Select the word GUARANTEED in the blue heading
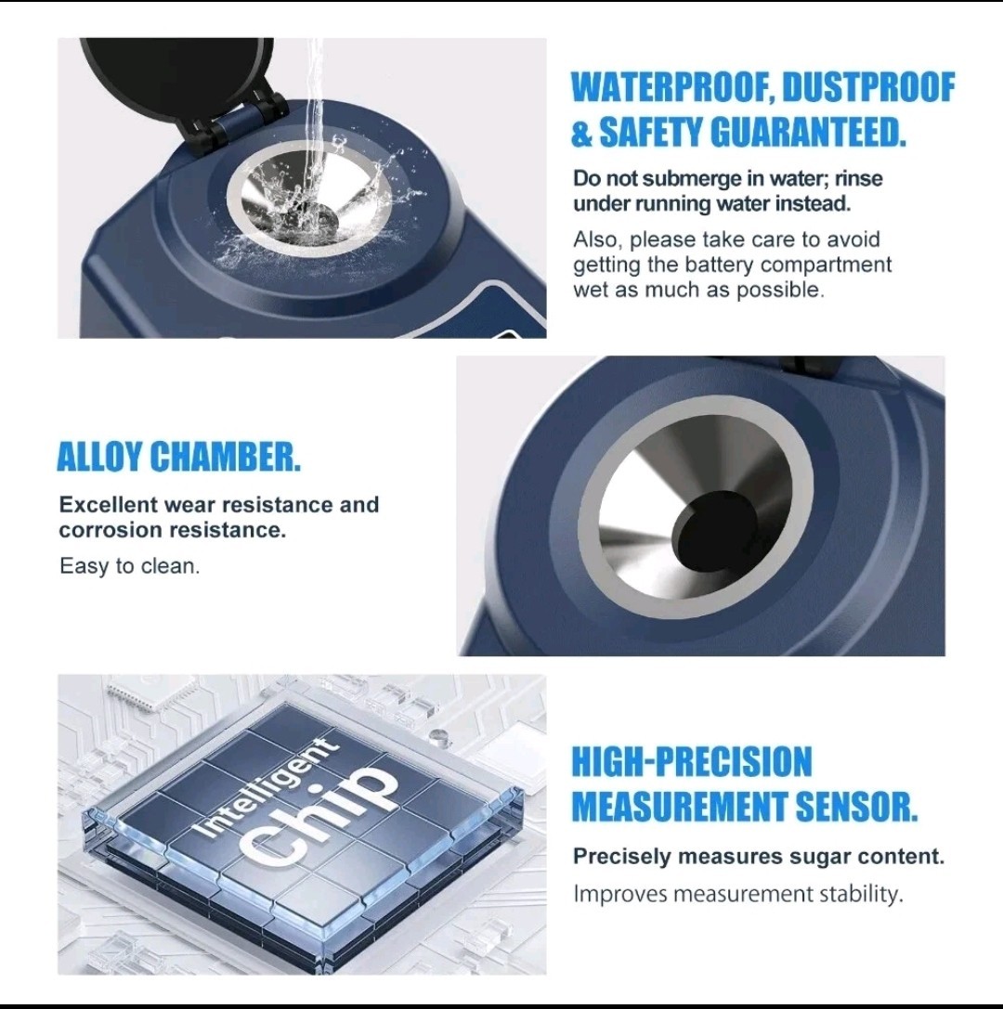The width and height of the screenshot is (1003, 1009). [808, 133]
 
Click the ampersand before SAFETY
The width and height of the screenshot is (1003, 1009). [582, 133]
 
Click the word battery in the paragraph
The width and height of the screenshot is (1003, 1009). [721, 265]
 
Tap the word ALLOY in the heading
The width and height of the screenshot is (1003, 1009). [99, 457]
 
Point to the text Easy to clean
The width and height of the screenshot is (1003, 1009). [129, 566]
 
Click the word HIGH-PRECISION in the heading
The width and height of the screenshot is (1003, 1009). [692, 762]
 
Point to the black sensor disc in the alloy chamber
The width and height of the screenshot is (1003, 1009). [714, 532]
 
